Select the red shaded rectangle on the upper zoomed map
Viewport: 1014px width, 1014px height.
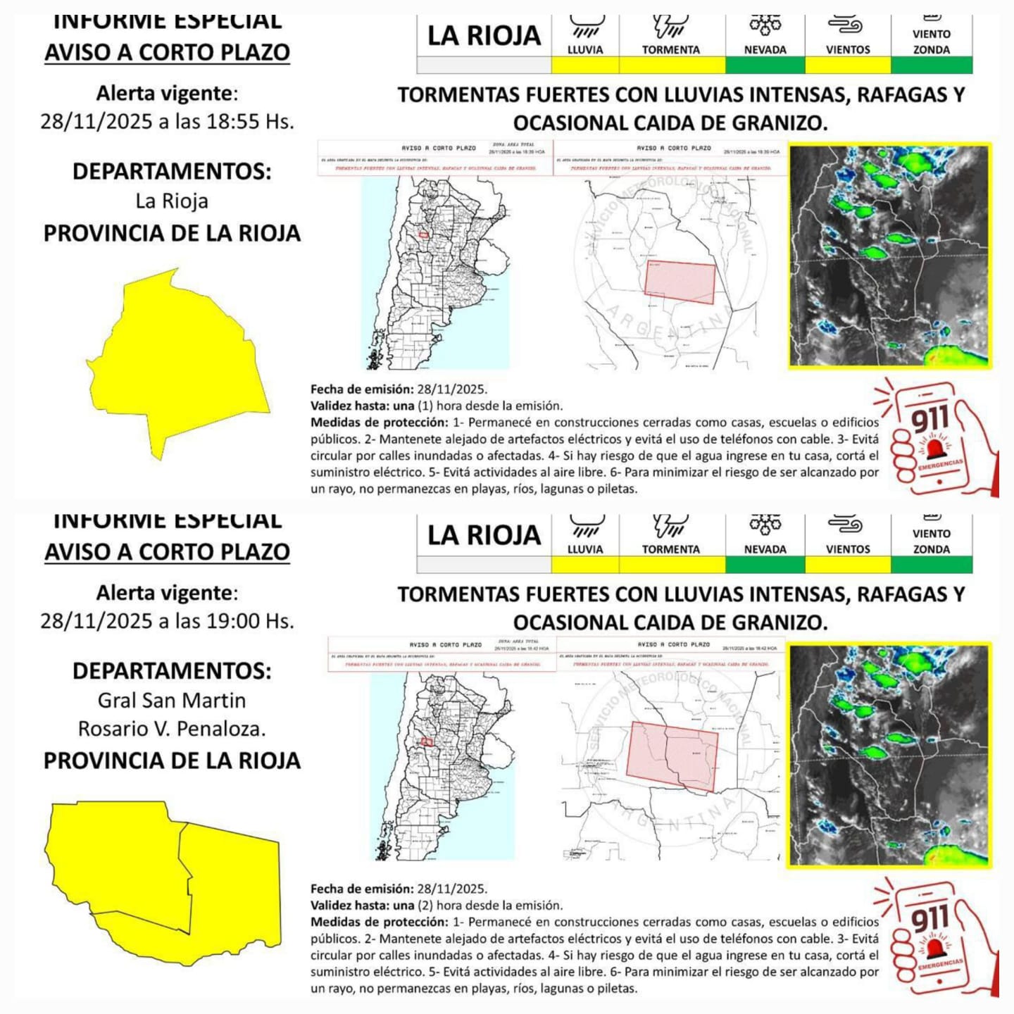[x=680, y=282]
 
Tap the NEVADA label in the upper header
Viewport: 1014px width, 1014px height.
[x=765, y=50]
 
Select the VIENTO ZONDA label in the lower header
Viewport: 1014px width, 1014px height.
[x=931, y=542]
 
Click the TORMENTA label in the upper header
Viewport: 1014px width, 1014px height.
[x=670, y=50]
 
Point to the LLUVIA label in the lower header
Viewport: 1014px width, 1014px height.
[x=585, y=549]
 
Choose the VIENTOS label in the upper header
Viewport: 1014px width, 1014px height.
[x=848, y=50]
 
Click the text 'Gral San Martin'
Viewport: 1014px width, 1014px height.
[x=172, y=701]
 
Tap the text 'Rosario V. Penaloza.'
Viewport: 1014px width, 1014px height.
[x=172, y=729]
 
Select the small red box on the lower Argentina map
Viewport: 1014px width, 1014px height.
[x=426, y=741]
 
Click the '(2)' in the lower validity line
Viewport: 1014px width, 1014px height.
[x=425, y=906]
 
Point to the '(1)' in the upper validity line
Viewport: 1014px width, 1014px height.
[x=425, y=406]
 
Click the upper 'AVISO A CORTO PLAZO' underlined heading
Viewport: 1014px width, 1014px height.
[x=168, y=53]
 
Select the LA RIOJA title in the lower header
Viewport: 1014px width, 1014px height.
[x=484, y=536]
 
